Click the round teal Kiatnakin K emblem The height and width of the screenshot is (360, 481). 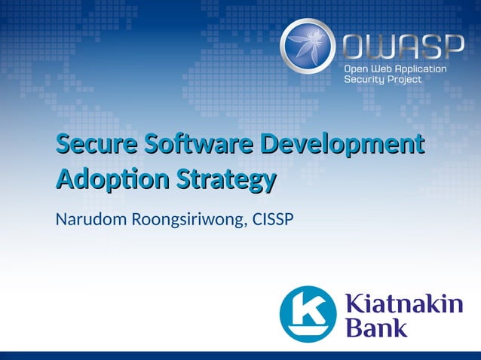308,313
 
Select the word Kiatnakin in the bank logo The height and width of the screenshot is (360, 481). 403,304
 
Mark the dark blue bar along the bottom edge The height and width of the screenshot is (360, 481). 240,355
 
